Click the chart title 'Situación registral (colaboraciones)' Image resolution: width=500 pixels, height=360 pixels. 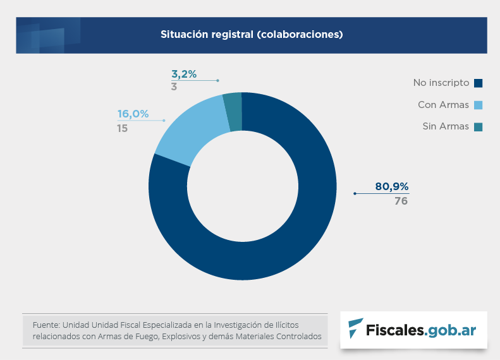251,34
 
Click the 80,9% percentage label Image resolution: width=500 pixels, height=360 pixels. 392,186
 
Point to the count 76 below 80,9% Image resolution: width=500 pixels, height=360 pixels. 401,201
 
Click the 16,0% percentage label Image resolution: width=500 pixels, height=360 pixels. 133,114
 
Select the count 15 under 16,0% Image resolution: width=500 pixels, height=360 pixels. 123,128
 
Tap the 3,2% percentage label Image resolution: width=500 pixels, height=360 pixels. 184,74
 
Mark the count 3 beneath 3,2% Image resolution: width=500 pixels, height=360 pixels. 174,87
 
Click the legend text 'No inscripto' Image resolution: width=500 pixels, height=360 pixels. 441,83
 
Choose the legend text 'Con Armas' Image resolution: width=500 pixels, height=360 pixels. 443,105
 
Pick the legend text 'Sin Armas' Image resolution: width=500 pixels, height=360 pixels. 446,126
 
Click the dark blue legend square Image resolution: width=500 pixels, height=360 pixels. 478,83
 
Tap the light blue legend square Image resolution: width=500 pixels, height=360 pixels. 478,105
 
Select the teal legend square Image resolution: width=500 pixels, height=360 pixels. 478,126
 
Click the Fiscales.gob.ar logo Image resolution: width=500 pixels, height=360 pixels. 413,330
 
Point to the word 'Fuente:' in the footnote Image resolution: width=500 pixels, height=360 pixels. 46,325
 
